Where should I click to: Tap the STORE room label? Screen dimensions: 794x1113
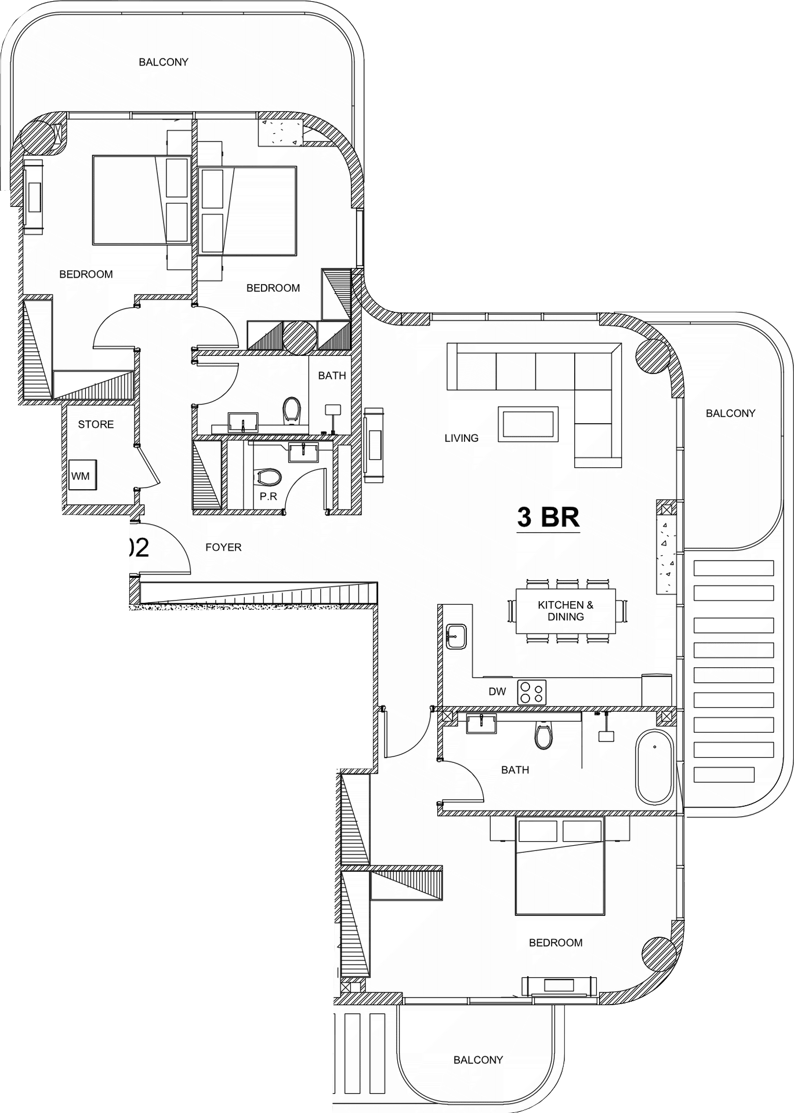click(96, 424)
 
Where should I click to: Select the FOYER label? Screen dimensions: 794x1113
click(223, 547)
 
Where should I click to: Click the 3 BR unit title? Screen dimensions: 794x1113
click(548, 517)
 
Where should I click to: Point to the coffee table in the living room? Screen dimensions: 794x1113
click(528, 424)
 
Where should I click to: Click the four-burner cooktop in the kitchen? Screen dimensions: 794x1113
click(532, 692)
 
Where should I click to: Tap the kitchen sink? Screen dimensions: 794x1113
click(456, 636)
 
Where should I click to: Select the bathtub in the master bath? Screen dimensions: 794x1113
click(655, 767)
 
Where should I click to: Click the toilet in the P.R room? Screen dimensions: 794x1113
click(269, 477)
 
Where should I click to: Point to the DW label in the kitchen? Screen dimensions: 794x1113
click(497, 691)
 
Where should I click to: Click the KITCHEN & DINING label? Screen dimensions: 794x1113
click(565, 611)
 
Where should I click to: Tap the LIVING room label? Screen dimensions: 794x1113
click(462, 438)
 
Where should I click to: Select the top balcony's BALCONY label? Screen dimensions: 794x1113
click(164, 62)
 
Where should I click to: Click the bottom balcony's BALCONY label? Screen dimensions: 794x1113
click(478, 1060)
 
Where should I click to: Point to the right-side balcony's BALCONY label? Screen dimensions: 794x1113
click(731, 413)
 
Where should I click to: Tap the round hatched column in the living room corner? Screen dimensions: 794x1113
click(653, 357)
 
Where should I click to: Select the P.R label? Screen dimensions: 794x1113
click(269, 497)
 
